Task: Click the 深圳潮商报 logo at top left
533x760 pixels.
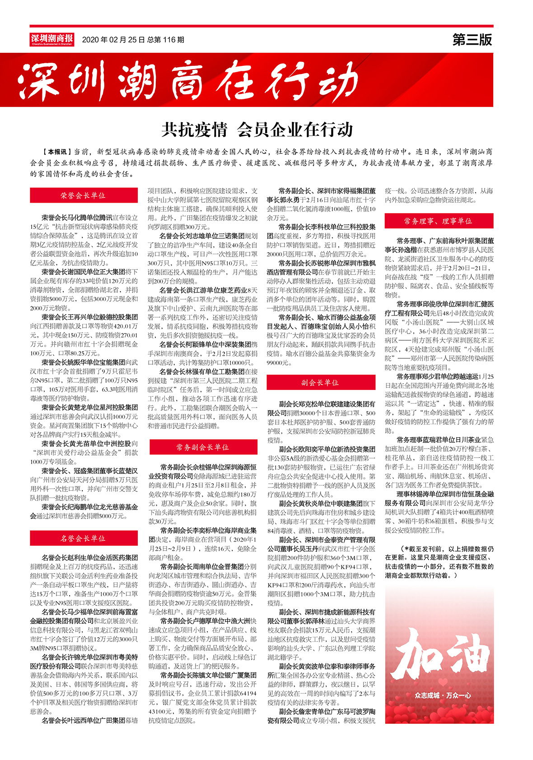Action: (52, 39)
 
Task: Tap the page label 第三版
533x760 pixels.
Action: (472, 40)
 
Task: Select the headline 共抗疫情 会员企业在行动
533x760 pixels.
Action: (257, 130)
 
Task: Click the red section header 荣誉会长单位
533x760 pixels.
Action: (84, 195)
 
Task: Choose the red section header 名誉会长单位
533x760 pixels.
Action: (84, 538)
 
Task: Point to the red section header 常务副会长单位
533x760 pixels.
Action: (203, 447)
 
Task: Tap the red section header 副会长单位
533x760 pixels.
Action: (321, 383)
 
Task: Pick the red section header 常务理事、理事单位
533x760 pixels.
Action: (438, 221)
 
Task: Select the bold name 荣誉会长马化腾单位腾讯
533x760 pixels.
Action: (77, 218)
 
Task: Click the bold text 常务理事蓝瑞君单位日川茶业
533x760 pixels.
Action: (439, 440)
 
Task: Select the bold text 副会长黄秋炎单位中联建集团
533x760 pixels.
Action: (321, 503)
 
